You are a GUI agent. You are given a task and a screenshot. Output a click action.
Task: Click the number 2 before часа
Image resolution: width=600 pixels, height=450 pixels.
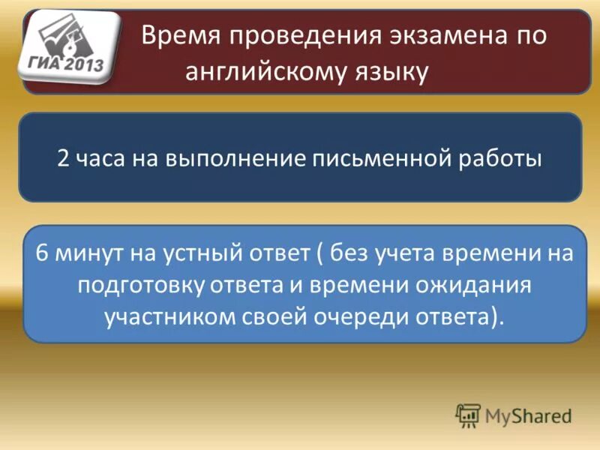tap(64, 158)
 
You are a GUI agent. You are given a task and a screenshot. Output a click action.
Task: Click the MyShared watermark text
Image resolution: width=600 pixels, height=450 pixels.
tap(526, 415)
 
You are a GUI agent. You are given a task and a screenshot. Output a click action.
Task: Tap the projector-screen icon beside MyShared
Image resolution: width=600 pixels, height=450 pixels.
tap(468, 415)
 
